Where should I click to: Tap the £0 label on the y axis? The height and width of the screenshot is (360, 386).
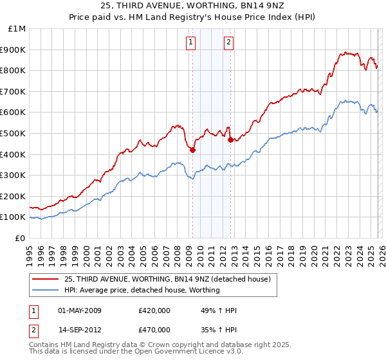21,238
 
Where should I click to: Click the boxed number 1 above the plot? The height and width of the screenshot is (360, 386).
191,43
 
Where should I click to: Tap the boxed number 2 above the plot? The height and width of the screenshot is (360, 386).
228,43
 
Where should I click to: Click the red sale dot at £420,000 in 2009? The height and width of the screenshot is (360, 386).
192,150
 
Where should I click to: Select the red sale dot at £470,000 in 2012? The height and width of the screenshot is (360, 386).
230,139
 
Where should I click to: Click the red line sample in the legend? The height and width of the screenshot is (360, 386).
46,279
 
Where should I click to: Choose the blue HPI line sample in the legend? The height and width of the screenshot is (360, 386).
46,290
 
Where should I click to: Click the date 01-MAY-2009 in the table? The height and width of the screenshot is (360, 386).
80,310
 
